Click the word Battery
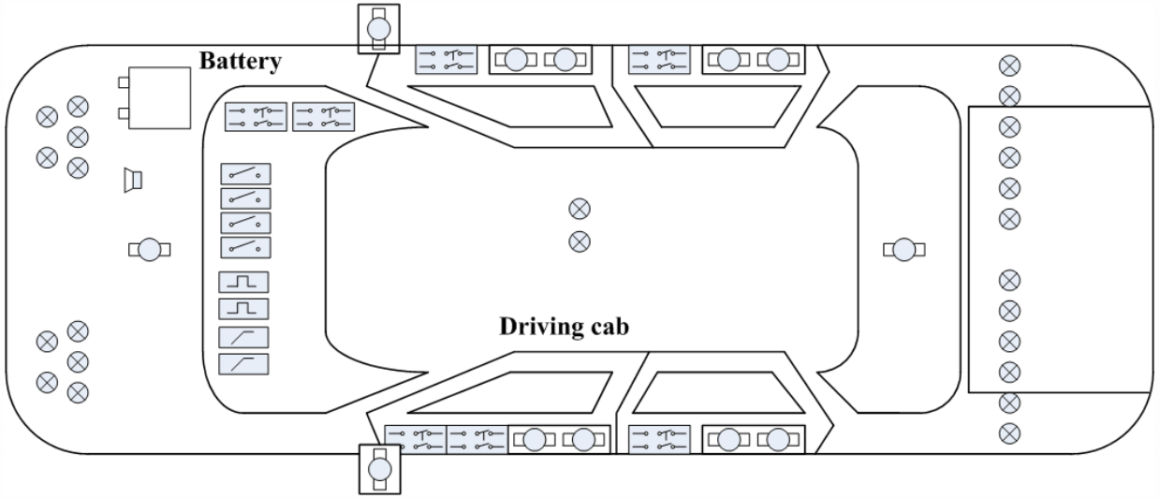tap(241, 62)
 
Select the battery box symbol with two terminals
tap(159, 98)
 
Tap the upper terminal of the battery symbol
tap(124, 82)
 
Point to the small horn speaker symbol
tap(133, 179)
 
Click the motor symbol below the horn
tap(149, 248)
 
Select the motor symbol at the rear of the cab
tap(904, 249)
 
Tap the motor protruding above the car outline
tap(379, 29)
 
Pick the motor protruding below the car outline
tap(379, 466)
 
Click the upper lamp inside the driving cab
tap(580, 208)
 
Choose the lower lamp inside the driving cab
tap(580, 242)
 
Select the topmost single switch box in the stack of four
tap(245, 174)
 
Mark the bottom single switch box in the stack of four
tap(245, 247)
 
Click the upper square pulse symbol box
tap(243, 282)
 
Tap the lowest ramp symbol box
tap(243, 364)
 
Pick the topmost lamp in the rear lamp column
tap(1010, 66)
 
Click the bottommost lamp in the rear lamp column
tap(1010, 433)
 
